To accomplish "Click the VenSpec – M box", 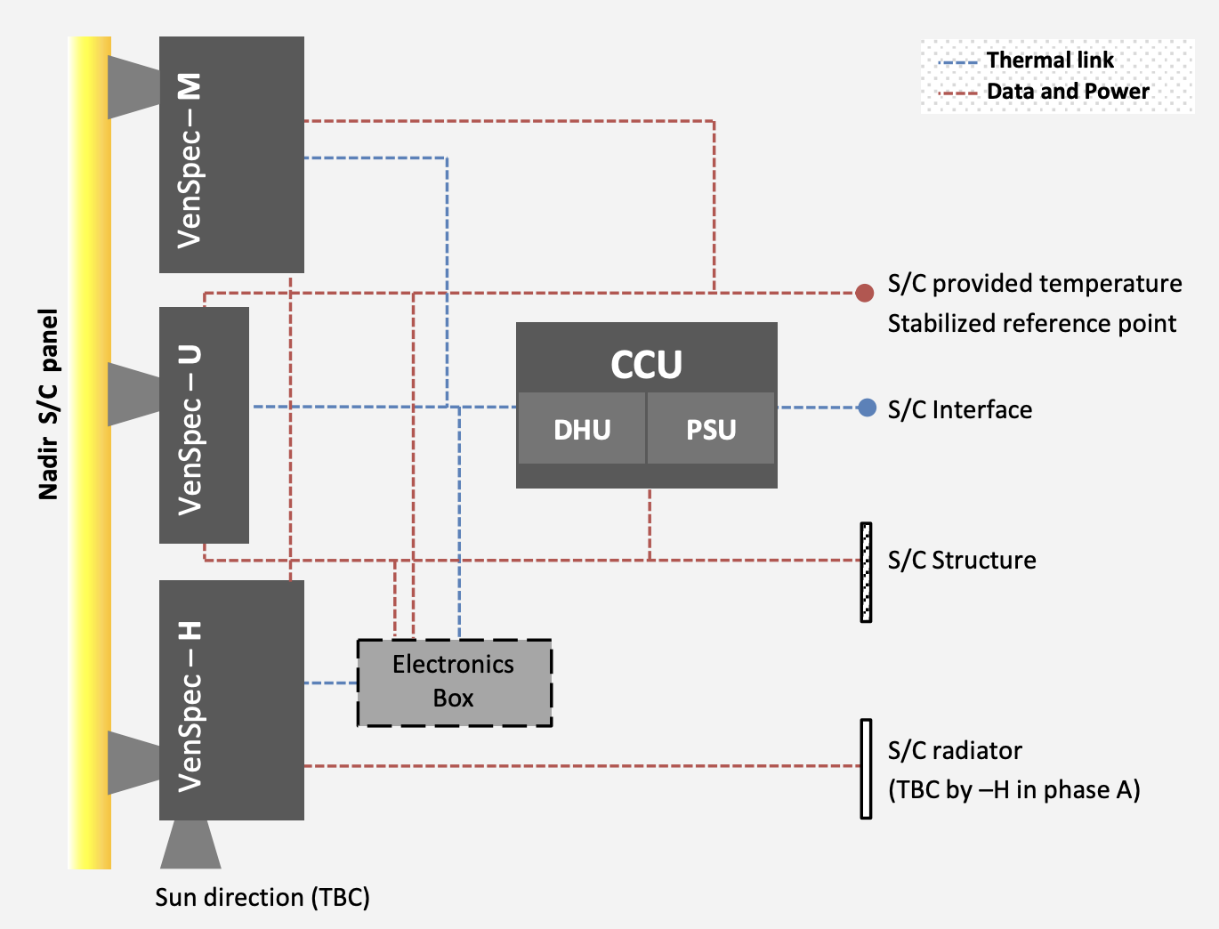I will [x=231, y=155].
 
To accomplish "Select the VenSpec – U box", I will [x=204, y=425].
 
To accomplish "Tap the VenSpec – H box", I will [x=231, y=700].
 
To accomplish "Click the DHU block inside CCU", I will [x=582, y=429].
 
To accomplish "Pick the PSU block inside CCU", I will [x=711, y=429].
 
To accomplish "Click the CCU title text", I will [x=646, y=364].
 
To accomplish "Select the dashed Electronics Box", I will [x=454, y=683].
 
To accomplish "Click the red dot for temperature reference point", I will [x=864, y=293].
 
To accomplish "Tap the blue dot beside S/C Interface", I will [x=867, y=408].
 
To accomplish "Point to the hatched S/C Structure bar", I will [x=866, y=572].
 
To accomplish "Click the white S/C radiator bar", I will [x=866, y=769].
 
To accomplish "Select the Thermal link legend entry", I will [x=1027, y=61].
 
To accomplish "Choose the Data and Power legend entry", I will [x=1045, y=92].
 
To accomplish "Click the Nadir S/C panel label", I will [x=49, y=404].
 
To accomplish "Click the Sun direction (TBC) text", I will [x=262, y=897].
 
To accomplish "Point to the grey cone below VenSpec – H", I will [x=190, y=845].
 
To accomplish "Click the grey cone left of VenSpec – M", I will [x=133, y=86].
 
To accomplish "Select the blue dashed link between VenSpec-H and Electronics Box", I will [x=330, y=683].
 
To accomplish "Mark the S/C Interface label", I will [x=960, y=409].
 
